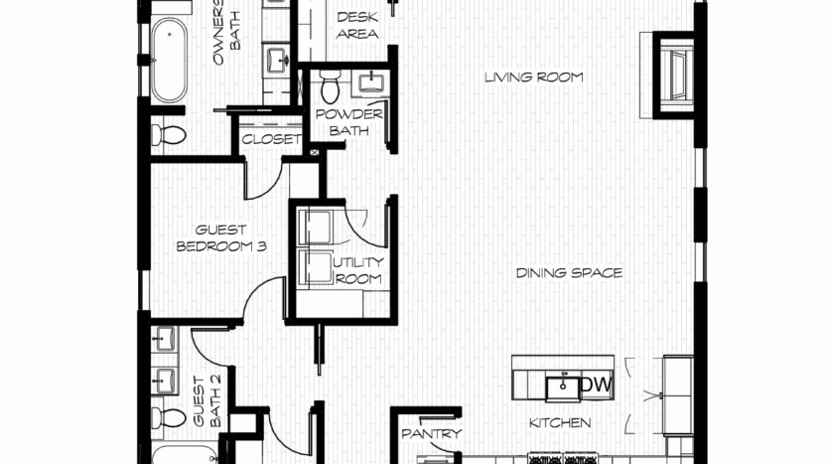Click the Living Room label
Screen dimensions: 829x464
pyautogui.click(x=534, y=77)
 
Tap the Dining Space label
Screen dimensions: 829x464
pyautogui.click(x=569, y=273)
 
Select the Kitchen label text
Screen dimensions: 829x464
pyautogui.click(x=560, y=422)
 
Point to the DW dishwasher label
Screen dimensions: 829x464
pyautogui.click(x=597, y=385)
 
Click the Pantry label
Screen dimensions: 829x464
pyautogui.click(x=432, y=434)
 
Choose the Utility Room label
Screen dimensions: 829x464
pyautogui.click(x=358, y=270)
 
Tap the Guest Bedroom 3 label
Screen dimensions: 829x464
pyautogui.click(x=221, y=238)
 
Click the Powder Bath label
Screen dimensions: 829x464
pyautogui.click(x=348, y=122)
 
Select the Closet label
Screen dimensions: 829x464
pyautogui.click(x=271, y=140)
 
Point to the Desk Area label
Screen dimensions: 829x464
pyautogui.click(x=357, y=26)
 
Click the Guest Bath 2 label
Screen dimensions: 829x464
pyautogui.click(x=207, y=401)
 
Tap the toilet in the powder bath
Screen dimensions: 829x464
pyautogui.click(x=330, y=86)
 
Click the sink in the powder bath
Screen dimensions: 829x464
pyautogui.click(x=373, y=83)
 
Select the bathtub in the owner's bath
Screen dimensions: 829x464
pyautogui.click(x=169, y=60)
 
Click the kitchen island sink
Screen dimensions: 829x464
pyautogui.click(x=562, y=389)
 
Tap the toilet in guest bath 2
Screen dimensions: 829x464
pyautogui.click(x=169, y=417)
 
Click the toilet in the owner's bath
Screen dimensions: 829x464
pyautogui.click(x=169, y=135)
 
